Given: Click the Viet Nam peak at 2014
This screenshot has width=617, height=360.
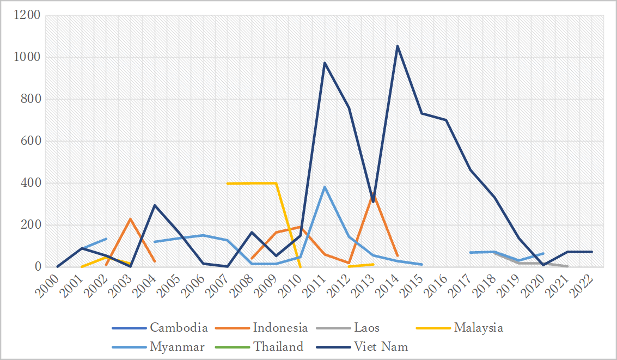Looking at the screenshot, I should point(398,46).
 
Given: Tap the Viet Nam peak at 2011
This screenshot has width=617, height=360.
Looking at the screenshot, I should point(325,63).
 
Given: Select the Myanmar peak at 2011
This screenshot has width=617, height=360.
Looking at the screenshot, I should point(325,187).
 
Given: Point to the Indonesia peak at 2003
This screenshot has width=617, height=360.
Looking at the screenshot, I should point(130,218).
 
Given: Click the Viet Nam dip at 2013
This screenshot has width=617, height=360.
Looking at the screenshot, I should point(373,202).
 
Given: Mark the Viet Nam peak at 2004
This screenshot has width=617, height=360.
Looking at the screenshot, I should point(154,205).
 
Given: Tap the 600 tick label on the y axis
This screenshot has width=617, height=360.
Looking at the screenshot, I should point(31,141).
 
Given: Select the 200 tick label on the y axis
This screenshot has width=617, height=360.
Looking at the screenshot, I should point(31,225).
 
